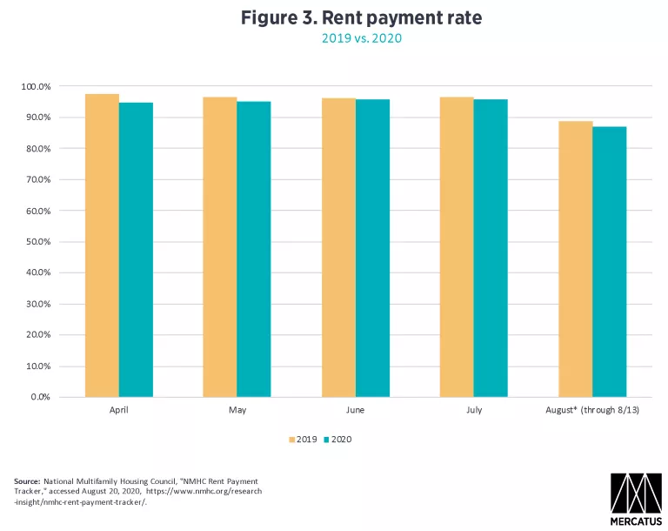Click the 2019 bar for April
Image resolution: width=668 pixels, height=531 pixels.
pos(102,245)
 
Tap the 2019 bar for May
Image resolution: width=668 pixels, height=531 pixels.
pos(220,247)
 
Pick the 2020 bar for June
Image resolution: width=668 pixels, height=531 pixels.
pos(372,248)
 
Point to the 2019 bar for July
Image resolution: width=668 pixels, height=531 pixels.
pos(457,247)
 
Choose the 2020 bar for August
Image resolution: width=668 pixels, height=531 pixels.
pos(609,262)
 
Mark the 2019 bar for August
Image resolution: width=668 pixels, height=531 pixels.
pos(575,259)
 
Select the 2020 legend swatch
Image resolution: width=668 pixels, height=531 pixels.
pos(326,440)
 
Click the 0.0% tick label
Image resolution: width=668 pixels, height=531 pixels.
pos(41,397)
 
